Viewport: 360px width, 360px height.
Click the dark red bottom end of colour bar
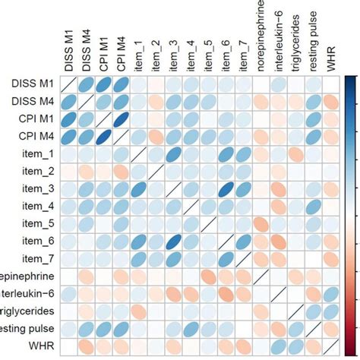(352, 350)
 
